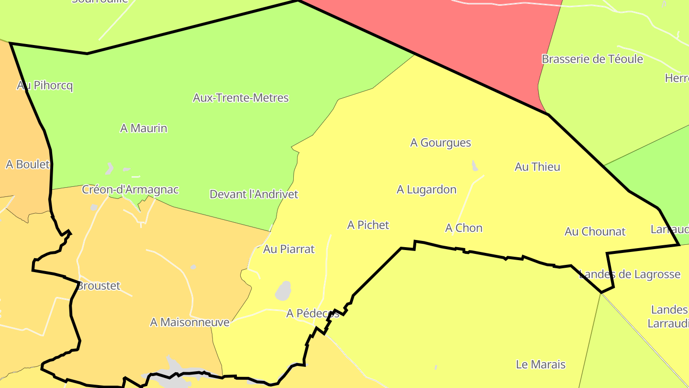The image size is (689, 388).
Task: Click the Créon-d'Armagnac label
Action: click(130, 190)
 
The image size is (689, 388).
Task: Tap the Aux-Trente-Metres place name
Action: click(241, 98)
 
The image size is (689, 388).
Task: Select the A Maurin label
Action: click(144, 128)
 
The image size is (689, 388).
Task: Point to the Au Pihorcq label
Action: click(45, 86)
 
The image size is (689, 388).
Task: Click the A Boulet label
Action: click(28, 164)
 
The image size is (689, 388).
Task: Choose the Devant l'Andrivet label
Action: click(254, 194)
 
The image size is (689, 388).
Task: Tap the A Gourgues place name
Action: click(441, 143)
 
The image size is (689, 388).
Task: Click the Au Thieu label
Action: click(537, 167)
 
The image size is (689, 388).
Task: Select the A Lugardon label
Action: click(426, 190)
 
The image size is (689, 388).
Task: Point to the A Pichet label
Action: click(368, 225)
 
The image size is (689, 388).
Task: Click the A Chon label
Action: click(464, 228)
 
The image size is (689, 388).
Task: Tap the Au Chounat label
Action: click(595, 232)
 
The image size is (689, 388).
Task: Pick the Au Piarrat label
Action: click(289, 249)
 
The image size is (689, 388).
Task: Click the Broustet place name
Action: click(99, 286)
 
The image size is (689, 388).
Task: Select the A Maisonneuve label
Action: click(189, 322)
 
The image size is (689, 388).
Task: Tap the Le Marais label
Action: click(541, 365)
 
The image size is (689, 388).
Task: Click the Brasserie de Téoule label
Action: click(592, 59)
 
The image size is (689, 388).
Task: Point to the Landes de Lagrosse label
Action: click(630, 274)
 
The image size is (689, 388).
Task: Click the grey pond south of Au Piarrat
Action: click(283, 290)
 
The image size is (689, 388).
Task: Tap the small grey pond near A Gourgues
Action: click(475, 166)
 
